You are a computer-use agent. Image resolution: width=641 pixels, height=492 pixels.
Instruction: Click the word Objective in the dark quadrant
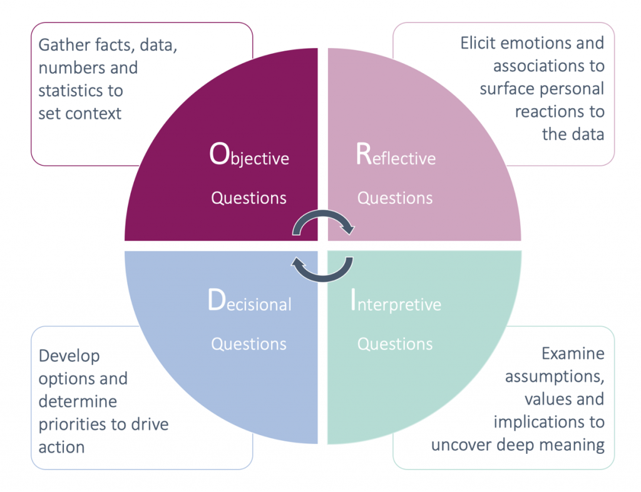(x=249, y=154)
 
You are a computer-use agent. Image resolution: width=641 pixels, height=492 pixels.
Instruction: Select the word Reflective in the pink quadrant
(x=396, y=154)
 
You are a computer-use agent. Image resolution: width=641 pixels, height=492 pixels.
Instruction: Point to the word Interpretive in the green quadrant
(x=396, y=301)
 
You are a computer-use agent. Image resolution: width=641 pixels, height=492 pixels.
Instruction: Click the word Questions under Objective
(x=249, y=198)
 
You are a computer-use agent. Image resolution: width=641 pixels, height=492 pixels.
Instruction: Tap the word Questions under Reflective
(x=395, y=198)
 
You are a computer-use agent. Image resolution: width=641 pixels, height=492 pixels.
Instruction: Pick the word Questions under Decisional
(x=249, y=344)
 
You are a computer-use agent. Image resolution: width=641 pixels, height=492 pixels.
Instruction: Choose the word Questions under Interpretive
(x=395, y=344)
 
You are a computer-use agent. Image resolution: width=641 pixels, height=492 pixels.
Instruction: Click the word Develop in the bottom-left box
(x=69, y=356)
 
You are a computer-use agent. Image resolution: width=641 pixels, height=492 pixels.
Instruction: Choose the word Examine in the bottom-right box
(x=573, y=353)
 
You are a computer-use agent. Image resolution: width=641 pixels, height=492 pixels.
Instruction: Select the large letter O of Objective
(x=219, y=154)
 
